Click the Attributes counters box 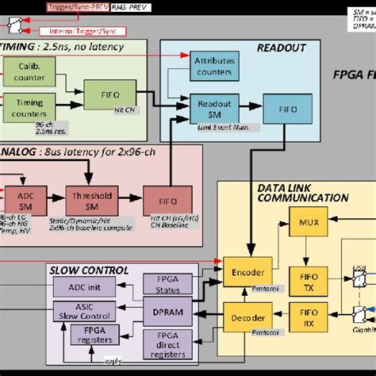213,64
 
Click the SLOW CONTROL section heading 88,270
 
